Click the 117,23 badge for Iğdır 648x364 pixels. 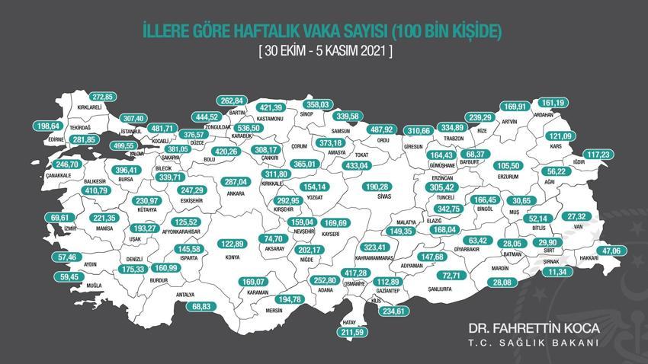[603, 154]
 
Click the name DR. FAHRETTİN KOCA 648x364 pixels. [534, 327]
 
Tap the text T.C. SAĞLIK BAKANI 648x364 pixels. [534, 343]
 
